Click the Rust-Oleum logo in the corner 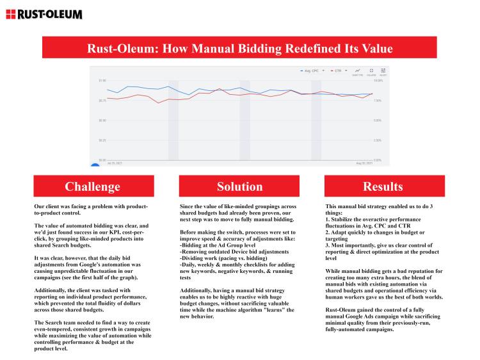(44, 13)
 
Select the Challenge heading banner (92, 186)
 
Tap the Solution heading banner (239, 186)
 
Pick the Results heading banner (383, 186)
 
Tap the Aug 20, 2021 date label (363, 163)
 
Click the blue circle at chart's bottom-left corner (95, 165)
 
